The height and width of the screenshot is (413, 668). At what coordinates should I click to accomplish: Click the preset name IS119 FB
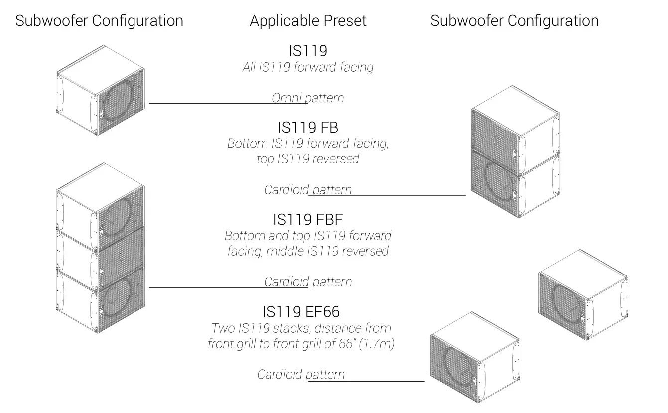(x=308, y=128)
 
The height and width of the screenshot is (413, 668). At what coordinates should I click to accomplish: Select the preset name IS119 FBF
(x=308, y=219)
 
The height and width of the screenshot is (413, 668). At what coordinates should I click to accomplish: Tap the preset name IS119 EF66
(x=301, y=312)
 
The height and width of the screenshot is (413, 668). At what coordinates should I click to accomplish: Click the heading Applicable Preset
(x=308, y=21)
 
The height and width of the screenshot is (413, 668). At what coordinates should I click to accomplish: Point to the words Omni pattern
(x=308, y=98)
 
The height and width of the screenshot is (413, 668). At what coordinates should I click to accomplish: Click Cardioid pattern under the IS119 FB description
(x=308, y=190)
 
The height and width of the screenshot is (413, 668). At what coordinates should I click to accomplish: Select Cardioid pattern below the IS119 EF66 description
(x=301, y=374)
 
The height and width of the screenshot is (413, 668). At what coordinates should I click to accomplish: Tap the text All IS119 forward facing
(x=308, y=67)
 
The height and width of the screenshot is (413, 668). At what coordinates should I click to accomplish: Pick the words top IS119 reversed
(x=308, y=159)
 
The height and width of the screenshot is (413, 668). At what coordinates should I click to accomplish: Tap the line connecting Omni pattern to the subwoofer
(x=209, y=103)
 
